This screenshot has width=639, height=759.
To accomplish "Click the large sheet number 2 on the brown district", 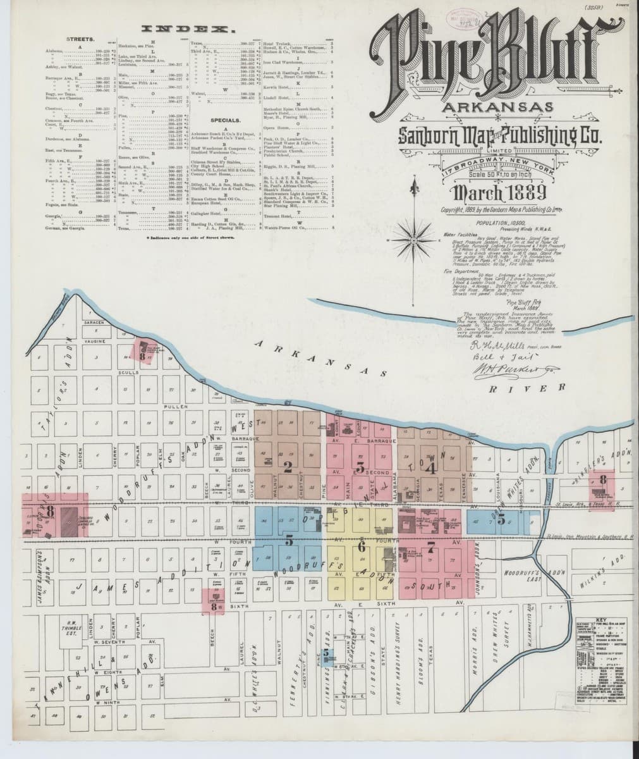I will click(x=288, y=468).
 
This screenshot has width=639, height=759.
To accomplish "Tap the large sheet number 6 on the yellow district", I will click(x=362, y=546).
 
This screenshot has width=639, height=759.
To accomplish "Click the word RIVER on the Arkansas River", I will click(x=540, y=386).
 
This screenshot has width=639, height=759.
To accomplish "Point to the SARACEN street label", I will click(x=93, y=323).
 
